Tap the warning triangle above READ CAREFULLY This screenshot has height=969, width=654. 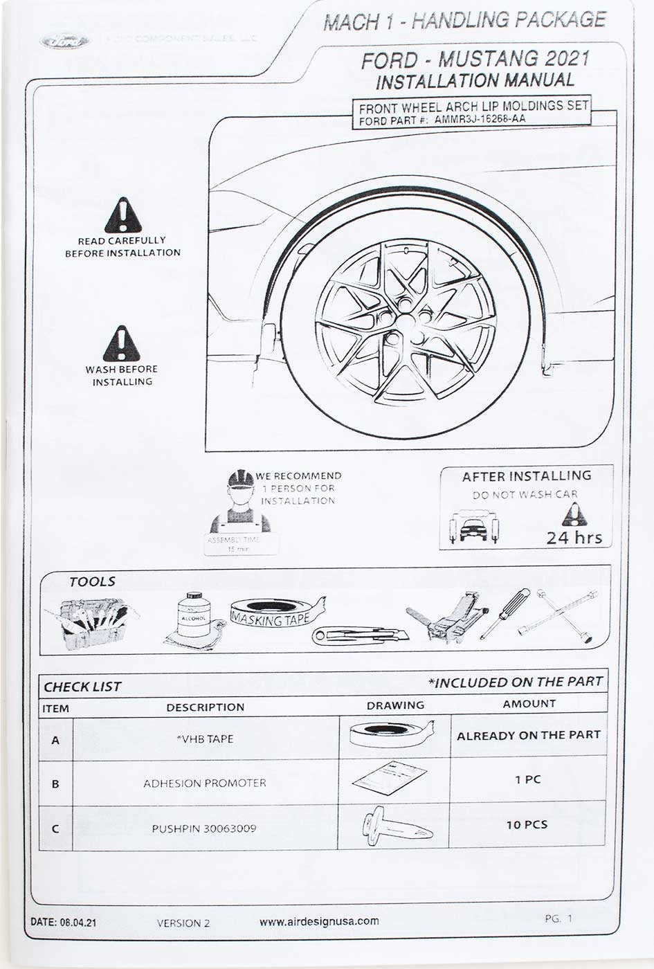pyautogui.click(x=123, y=217)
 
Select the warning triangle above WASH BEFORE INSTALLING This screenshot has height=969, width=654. pyautogui.click(x=122, y=345)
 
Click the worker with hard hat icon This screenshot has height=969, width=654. pyautogui.click(x=240, y=501)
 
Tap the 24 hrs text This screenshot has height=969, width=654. pyautogui.click(x=574, y=538)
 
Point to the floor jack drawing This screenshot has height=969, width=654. pyautogui.click(x=449, y=619)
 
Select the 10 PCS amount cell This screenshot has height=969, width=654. pyautogui.click(x=527, y=824)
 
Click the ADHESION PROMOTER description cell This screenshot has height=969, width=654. pyautogui.click(x=205, y=784)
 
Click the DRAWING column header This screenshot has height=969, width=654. pyautogui.click(x=395, y=705)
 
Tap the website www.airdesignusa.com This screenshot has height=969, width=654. pyautogui.click(x=319, y=921)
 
